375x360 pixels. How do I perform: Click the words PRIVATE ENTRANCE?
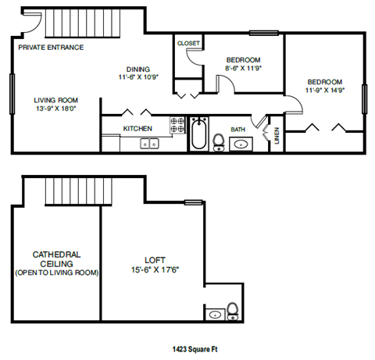pos(50,47)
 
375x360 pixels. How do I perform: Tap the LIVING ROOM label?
pos(55,100)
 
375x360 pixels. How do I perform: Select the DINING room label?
pos(137,69)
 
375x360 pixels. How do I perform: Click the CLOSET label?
pos(188,44)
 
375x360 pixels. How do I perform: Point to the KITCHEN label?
pos(137,128)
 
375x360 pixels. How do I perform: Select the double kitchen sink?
pos(148,143)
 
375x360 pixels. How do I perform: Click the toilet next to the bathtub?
pos(220,141)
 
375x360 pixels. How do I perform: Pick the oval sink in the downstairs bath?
pos(241,143)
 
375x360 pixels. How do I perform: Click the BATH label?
pos(238,129)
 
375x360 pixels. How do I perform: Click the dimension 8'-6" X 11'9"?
pos(243,69)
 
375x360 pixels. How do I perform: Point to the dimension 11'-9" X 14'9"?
pos(324,91)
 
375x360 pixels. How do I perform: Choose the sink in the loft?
pos(215,315)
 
